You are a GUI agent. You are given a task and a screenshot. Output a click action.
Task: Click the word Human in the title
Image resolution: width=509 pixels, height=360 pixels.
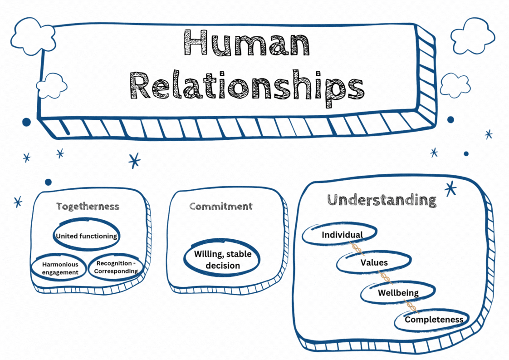tap(246, 43)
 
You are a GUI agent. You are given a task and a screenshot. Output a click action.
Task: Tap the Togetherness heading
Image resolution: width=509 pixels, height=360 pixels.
tap(88, 207)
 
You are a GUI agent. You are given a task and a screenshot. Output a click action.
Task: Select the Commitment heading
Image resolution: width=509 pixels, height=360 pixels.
tap(220, 207)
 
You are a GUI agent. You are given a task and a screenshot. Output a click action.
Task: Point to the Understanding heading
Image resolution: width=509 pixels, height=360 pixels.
tap(382, 200)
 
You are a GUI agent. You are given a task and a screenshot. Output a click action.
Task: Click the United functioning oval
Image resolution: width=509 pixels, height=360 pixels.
tap(86, 236)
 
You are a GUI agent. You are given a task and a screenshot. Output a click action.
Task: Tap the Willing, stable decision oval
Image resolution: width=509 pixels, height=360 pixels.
tap(222, 259)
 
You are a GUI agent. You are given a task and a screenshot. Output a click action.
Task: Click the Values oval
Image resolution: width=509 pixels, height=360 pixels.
tap(374, 262)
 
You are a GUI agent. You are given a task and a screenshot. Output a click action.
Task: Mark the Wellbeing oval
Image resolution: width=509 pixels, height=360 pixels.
tap(397, 293)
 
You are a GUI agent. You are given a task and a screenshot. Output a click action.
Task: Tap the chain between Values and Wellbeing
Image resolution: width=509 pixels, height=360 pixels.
tap(386, 277)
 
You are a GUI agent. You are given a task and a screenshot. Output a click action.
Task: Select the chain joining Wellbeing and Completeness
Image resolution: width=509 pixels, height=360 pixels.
tap(411, 306)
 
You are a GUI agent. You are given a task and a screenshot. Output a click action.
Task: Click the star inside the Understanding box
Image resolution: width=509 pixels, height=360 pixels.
tap(450, 188)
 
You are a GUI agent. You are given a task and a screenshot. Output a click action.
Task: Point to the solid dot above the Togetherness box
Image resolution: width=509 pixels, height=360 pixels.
tap(48, 182)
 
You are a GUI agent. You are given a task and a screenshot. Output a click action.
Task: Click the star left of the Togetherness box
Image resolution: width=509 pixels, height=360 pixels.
tap(18, 202)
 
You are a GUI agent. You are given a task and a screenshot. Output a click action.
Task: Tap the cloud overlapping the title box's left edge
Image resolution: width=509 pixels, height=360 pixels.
tap(52, 86)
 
